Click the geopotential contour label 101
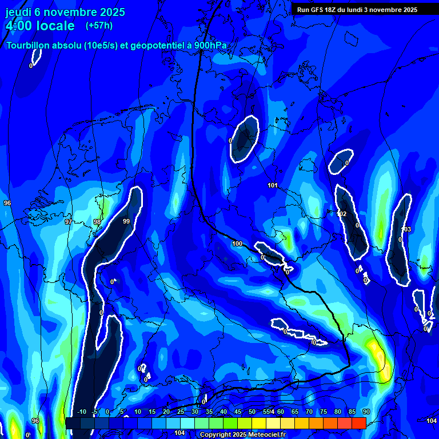coord(273,185)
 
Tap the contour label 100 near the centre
coord(237,244)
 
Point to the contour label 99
coord(126,221)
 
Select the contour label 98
coord(97,222)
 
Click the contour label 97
coord(69,222)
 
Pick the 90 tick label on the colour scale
coord(366,412)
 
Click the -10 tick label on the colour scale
coord(82,412)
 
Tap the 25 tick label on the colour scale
coord(181,412)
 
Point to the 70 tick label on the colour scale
coord(309,412)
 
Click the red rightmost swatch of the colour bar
coord(358,423)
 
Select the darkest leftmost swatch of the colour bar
coord(73,423)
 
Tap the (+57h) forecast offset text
coord(99,25)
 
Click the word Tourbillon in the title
coord(29,46)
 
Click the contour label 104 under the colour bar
coord(179,433)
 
